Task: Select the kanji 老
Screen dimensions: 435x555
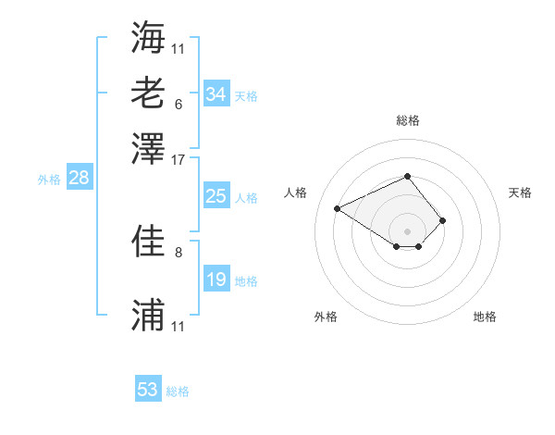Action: (x=149, y=93)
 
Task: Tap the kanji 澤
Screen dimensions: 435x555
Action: (x=149, y=147)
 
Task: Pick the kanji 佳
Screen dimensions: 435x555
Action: (x=149, y=242)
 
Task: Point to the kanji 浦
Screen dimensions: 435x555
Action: (x=149, y=316)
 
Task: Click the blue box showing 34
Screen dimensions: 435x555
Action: (x=216, y=94)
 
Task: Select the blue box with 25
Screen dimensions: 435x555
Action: (x=216, y=196)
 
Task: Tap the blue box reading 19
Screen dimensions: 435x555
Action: (x=216, y=280)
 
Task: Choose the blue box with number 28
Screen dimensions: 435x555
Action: (x=79, y=179)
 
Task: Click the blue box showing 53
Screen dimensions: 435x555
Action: (x=148, y=390)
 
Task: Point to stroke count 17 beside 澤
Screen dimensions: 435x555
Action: (x=179, y=159)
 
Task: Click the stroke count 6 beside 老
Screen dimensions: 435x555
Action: (x=178, y=104)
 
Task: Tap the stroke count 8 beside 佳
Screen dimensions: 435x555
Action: (x=178, y=252)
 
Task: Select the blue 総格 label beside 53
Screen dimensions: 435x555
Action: (x=178, y=391)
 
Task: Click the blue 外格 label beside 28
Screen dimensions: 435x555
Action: (x=49, y=180)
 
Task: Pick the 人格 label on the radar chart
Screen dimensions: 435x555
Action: (x=296, y=193)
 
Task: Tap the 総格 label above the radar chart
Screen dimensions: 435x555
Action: (x=407, y=120)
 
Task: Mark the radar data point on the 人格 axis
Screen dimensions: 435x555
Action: (x=338, y=207)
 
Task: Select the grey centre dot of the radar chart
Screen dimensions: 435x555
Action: (x=407, y=230)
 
